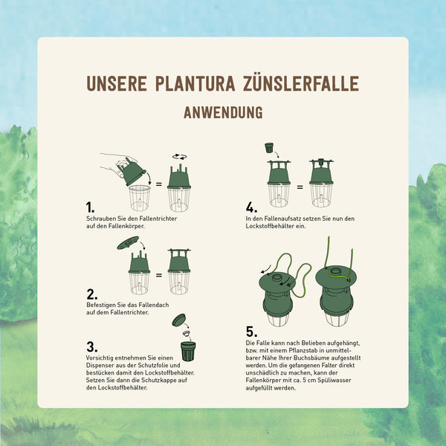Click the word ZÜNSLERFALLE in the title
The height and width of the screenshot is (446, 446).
[x=300, y=83]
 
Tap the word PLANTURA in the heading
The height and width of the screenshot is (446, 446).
[x=195, y=83]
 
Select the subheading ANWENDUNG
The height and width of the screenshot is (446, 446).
[x=223, y=113]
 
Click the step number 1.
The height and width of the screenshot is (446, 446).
[x=90, y=207]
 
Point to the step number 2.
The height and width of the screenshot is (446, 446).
[x=91, y=294]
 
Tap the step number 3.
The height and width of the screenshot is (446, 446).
[x=91, y=346]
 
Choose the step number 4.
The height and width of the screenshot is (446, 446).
[x=251, y=207]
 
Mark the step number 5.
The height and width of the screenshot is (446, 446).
[x=251, y=332]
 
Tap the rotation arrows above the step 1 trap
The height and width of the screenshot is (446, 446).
[x=179, y=157]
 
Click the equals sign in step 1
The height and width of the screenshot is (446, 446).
[x=159, y=184]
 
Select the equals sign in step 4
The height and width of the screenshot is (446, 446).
[x=300, y=187]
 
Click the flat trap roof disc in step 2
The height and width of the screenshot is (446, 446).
[x=128, y=243]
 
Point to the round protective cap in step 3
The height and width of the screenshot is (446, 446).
[x=179, y=320]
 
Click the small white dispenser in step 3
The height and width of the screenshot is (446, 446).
[x=186, y=333]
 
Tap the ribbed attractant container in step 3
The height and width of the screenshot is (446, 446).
[x=188, y=352]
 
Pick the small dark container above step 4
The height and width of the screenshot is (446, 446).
[x=269, y=148]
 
